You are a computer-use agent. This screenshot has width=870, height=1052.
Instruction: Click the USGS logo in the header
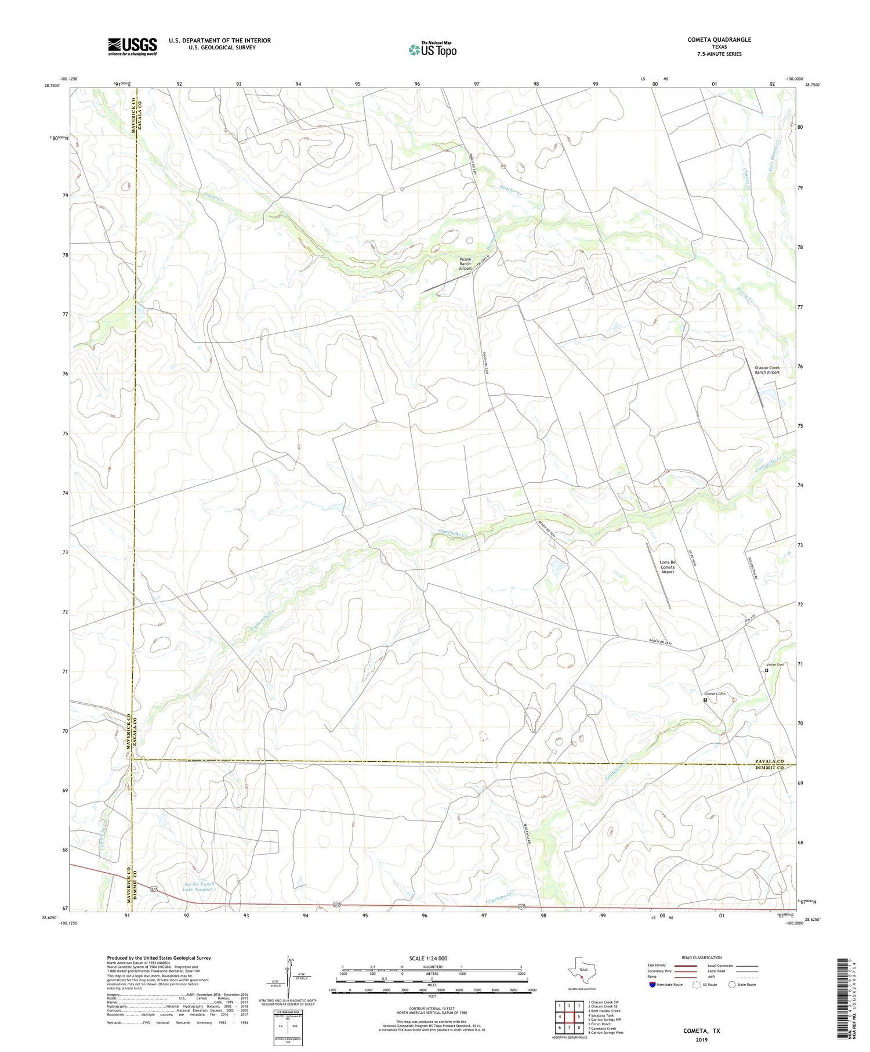point(132,46)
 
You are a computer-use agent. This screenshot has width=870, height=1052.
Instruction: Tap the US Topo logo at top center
point(432,49)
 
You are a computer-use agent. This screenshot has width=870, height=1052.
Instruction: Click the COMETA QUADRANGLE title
point(719,39)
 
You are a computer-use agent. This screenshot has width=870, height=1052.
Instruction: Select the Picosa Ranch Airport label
point(465,264)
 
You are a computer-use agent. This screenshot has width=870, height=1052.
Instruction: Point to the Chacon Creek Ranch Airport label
point(767,370)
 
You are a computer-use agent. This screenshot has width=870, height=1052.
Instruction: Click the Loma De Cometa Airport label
point(668,567)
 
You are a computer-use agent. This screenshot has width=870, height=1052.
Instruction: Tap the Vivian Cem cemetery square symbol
point(766,671)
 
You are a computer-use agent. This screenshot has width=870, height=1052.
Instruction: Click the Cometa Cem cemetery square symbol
point(705,700)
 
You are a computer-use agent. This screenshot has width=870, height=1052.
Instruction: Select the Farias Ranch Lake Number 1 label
point(199,887)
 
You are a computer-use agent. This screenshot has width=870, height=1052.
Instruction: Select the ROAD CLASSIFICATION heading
point(701,957)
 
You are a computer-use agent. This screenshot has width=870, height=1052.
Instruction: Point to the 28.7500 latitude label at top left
point(51,85)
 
